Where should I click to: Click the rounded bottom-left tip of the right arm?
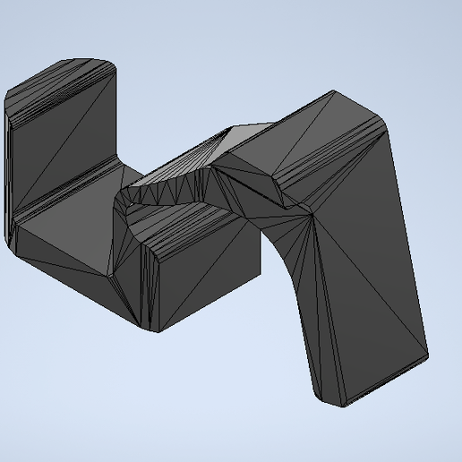(327, 402)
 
